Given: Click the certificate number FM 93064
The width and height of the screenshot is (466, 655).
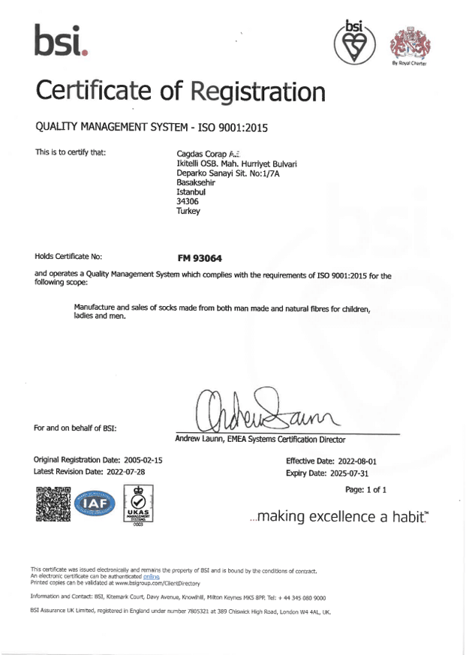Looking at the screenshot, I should tap(199, 257).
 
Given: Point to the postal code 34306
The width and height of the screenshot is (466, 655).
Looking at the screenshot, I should tap(186, 202).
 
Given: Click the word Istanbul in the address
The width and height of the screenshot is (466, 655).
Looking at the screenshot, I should tap(190, 192).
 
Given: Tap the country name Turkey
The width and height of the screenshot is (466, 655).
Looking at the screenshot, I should tap(188, 212).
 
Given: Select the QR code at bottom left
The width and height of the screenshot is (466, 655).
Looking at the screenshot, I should tap(53, 503).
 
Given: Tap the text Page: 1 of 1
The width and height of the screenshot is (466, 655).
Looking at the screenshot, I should tap(365, 490).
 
